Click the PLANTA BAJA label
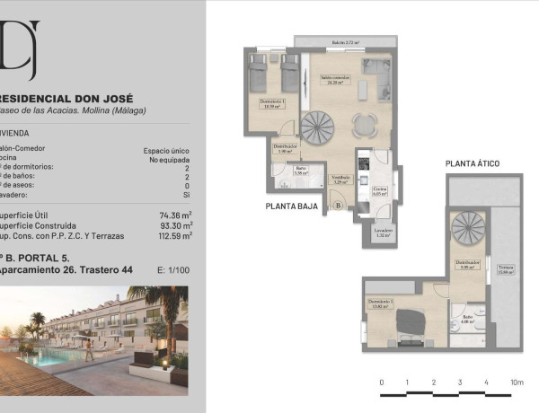[x=293, y=206]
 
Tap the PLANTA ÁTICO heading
[x=472, y=163]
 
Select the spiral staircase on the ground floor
[x=316, y=127]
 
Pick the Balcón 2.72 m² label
[x=345, y=42]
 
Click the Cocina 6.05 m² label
[x=380, y=189]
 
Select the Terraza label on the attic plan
[x=506, y=270]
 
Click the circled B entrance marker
[x=338, y=206]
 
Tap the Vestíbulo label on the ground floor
[x=340, y=179]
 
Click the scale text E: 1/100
[x=172, y=268]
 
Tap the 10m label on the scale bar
[x=516, y=382]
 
